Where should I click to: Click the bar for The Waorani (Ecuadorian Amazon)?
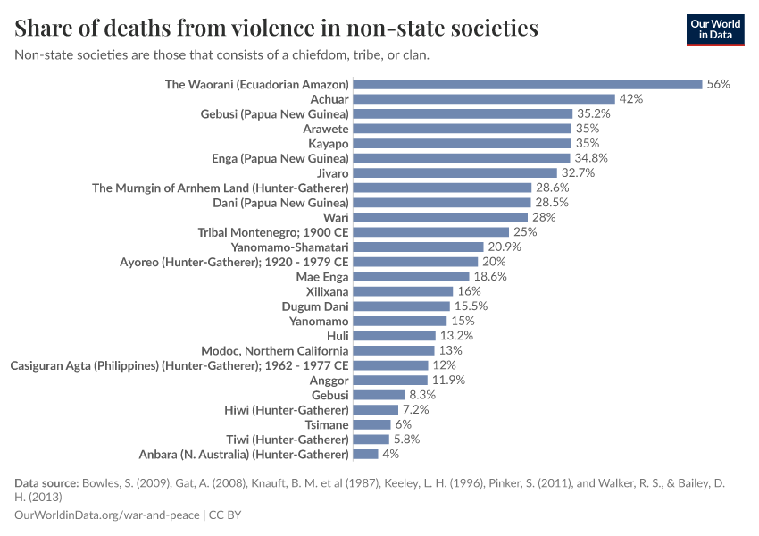point(527,84)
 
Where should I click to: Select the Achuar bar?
point(483,99)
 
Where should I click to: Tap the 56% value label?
point(718,84)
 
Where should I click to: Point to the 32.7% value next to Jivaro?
point(578,172)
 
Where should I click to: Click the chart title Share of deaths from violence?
point(276,29)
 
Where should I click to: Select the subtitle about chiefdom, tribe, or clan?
point(222,55)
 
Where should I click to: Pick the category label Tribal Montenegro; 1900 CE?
point(272,232)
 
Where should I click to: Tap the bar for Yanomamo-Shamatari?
point(418,247)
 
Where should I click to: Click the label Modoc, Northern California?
point(274,350)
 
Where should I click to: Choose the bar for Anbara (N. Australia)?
point(365,454)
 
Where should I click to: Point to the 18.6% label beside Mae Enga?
point(490,277)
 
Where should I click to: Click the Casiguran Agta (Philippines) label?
point(179,365)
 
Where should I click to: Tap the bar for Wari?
point(440,217)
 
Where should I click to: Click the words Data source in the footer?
point(46,483)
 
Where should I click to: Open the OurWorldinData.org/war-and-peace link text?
point(108,515)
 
